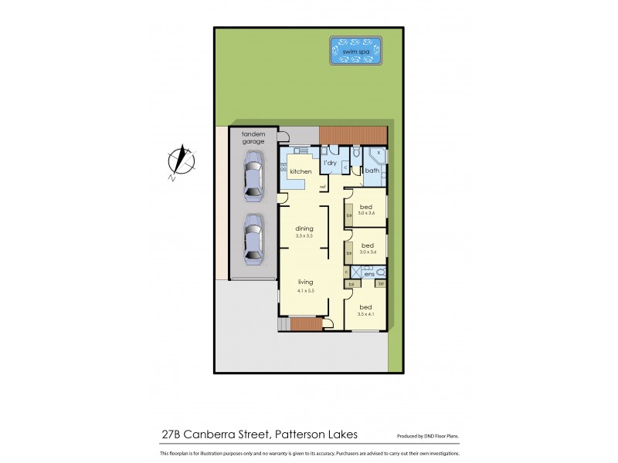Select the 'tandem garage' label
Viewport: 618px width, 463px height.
[x=253, y=137]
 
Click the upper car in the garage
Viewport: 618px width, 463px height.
[x=252, y=177]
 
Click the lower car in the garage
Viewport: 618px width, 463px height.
[x=252, y=237]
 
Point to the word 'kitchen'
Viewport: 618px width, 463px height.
[x=301, y=171]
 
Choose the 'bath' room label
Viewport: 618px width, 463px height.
[x=371, y=171]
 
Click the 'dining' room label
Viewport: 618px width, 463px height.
[x=303, y=228]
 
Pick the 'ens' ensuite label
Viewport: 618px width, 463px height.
[x=368, y=273]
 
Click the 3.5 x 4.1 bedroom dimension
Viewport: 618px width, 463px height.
[x=367, y=314]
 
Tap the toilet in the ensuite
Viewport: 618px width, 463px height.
[x=381, y=272]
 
